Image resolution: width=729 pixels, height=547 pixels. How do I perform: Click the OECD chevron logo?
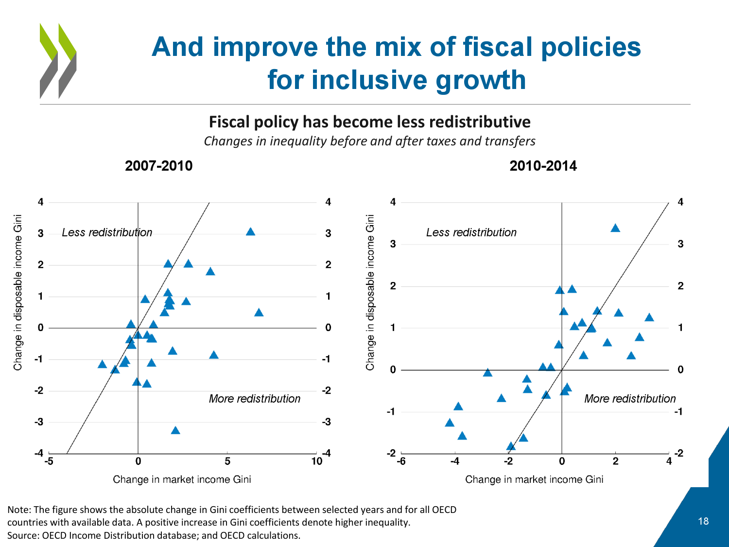tap(58, 61)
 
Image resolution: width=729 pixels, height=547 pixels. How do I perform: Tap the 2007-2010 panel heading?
tap(158, 166)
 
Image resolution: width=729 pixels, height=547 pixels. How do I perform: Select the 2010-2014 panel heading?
tap(543, 166)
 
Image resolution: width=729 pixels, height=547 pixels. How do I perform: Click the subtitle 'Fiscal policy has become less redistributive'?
tap(369, 122)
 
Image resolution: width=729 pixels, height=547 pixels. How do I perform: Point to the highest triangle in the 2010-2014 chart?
tap(615, 228)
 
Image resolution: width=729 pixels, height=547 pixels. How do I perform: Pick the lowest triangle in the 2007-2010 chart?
tap(175, 430)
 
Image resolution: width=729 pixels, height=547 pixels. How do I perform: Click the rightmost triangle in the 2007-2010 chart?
tap(259, 313)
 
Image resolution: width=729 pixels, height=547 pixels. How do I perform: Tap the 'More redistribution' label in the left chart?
tap(254, 399)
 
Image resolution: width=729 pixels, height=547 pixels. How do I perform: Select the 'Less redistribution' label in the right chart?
tap(471, 232)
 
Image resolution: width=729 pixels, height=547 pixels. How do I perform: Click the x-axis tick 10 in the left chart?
tap(317, 461)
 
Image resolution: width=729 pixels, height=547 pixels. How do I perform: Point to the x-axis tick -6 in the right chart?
tap(401, 461)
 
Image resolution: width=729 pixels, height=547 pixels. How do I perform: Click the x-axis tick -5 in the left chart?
tap(49, 461)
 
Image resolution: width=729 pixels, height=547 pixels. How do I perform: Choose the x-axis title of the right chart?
tap(534, 479)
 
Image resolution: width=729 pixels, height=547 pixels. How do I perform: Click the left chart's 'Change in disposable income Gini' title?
tap(18, 292)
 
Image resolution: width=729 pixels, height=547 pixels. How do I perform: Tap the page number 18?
tap(703, 521)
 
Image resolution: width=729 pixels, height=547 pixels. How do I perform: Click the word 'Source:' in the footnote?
tap(23, 535)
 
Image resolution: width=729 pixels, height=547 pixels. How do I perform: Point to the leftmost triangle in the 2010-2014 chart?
tap(450, 423)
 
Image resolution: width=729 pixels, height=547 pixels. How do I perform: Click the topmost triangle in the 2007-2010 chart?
tap(250, 231)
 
